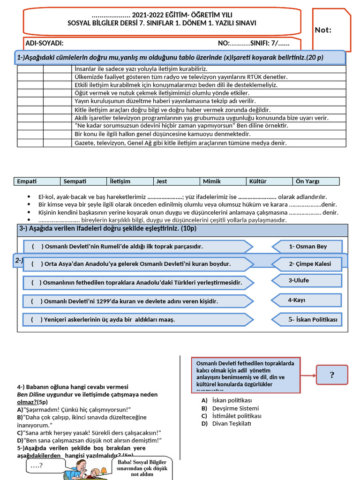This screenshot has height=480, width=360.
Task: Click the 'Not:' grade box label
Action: coord(323,30)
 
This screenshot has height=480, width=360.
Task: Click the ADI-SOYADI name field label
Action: coord(45,44)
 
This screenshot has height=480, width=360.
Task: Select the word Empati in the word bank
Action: coord(27,181)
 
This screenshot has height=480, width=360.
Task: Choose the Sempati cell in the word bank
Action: coord(75,181)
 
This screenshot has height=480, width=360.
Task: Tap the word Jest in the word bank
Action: coord(162,181)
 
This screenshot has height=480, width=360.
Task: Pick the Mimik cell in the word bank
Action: coord(212,181)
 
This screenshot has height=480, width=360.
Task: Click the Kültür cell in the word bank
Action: coord(258,181)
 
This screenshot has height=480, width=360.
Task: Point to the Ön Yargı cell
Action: coord(307,181)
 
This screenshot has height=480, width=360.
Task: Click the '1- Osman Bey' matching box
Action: coord(307,247)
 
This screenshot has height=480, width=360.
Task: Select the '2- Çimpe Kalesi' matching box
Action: coord(309,264)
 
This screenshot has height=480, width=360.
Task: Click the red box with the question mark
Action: coord(332,375)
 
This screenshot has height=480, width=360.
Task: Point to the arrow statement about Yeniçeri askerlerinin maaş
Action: coord(136,320)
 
